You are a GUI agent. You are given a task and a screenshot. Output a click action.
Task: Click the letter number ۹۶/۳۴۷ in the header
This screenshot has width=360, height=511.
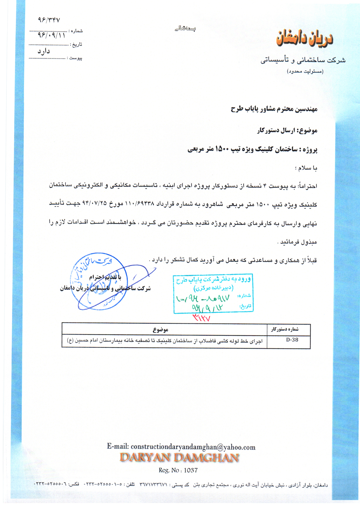pos(49,20)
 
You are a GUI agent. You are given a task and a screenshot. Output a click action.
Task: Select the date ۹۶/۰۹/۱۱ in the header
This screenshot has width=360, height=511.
pos(51,35)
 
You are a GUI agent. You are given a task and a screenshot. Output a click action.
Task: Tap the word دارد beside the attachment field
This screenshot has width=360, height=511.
pos(44,51)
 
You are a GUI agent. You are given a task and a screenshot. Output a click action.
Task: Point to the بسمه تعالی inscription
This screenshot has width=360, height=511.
pos(185,28)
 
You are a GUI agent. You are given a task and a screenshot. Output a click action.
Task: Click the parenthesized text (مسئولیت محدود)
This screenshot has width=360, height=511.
pos(305,71)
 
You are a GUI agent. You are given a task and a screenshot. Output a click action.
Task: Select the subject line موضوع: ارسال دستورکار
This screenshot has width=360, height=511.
pos(287,131)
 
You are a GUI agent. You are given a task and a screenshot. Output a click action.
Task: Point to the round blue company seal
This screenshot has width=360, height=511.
pos(98,281)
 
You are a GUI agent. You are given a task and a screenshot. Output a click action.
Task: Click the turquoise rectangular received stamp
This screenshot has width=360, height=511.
pos(213,293)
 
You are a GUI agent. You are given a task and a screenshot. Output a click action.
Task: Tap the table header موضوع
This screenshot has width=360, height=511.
pos(160,330)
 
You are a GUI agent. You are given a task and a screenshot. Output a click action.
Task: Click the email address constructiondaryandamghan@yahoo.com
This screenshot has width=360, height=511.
pos(193,447)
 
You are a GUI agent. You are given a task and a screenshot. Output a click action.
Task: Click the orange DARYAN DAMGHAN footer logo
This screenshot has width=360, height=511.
pos(179,458)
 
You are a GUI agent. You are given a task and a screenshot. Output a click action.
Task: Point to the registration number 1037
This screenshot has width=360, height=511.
pos(191,470)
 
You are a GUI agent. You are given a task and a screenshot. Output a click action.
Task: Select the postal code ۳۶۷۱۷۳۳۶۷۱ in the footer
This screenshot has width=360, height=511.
pos(153,485)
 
